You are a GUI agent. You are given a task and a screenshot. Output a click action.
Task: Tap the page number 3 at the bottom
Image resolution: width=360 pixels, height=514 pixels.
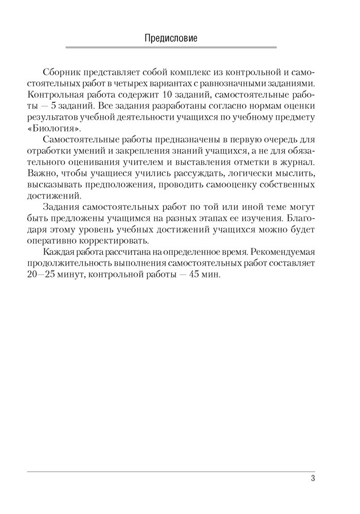pos(313,479)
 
